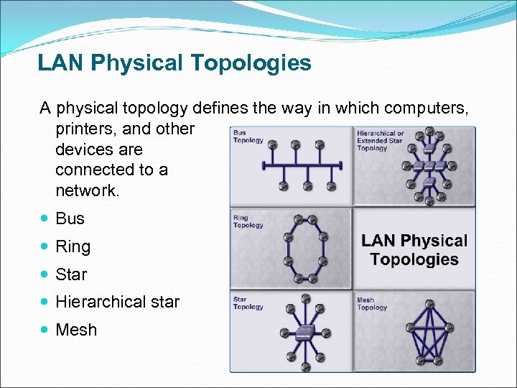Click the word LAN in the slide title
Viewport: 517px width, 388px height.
[55, 63]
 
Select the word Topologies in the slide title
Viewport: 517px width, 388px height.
[251, 63]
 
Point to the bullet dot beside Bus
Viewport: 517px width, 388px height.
[45, 218]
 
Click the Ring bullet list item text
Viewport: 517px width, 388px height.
[73, 246]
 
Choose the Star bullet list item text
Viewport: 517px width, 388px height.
[71, 274]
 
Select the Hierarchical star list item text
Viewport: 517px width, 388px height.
[117, 302]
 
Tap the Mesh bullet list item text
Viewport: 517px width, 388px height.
[75, 331]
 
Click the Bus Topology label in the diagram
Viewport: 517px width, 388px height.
[248, 137]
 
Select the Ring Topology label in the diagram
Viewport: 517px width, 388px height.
[248, 221]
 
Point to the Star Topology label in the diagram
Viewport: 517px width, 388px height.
[248, 303]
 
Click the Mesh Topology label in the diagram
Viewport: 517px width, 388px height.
[372, 303]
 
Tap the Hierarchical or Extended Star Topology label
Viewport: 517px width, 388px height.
[381, 140]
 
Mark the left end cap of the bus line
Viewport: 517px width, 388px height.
[264, 165]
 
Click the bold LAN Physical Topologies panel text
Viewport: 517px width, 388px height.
[414, 250]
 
